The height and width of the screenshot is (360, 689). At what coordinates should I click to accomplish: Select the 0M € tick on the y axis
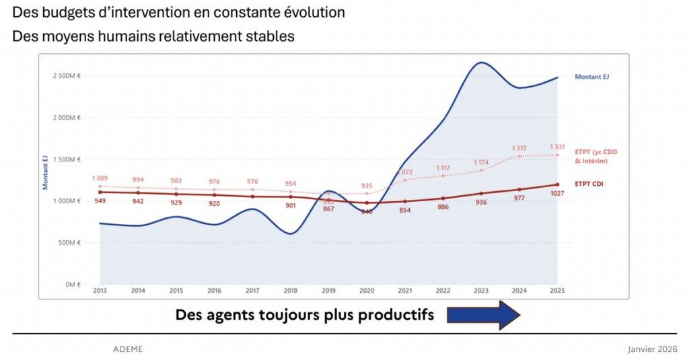click(x=73, y=284)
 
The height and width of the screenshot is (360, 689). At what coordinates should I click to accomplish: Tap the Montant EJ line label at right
click(x=591, y=77)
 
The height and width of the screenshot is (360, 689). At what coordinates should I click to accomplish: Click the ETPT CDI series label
click(x=590, y=184)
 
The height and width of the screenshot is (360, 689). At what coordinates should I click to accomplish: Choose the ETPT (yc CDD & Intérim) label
click(x=595, y=156)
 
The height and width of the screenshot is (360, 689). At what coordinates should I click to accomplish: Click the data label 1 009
click(x=100, y=178)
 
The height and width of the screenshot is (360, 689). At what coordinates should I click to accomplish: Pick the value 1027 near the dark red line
click(x=556, y=194)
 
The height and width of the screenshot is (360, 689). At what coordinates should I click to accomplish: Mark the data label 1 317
click(x=519, y=148)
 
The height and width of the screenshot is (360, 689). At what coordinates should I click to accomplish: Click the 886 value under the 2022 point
click(x=442, y=207)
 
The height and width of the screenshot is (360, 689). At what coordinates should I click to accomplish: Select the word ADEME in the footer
click(x=128, y=349)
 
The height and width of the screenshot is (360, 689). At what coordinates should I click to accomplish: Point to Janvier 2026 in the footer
click(x=652, y=349)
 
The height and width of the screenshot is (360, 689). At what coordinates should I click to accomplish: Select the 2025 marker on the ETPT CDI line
click(x=557, y=184)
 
